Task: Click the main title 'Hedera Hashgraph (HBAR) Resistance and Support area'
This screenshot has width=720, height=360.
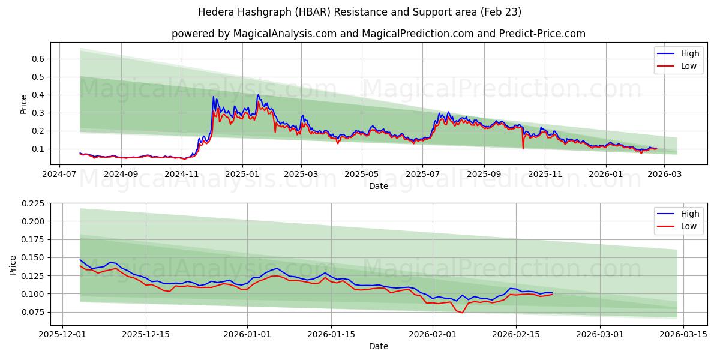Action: coord(360,12)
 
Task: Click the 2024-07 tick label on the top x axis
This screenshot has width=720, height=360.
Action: coord(58,173)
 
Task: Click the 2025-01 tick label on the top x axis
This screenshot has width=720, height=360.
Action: coord(242,173)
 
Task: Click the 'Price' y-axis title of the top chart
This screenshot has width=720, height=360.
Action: coord(24,103)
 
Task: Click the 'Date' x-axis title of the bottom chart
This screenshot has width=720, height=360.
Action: coord(379,346)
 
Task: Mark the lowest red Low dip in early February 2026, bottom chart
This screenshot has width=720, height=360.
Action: coord(462,313)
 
